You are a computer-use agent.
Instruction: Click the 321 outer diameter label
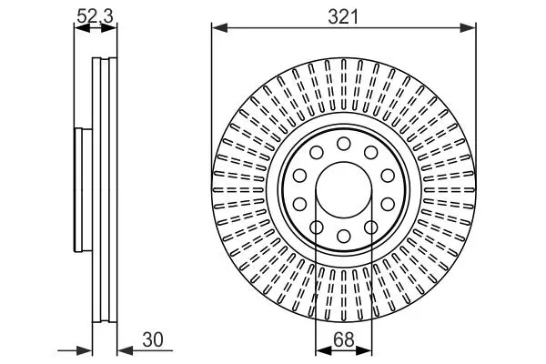343,16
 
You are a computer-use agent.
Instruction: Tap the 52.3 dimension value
95,16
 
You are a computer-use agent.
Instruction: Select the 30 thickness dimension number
153,340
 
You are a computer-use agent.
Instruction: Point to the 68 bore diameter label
343,340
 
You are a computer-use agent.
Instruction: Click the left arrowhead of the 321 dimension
219,28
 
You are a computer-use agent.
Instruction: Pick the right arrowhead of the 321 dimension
468,28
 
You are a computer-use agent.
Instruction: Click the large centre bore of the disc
344,190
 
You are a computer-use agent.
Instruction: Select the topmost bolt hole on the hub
344,144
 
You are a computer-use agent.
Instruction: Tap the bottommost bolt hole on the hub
344,237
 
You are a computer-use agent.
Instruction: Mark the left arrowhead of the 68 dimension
323,350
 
